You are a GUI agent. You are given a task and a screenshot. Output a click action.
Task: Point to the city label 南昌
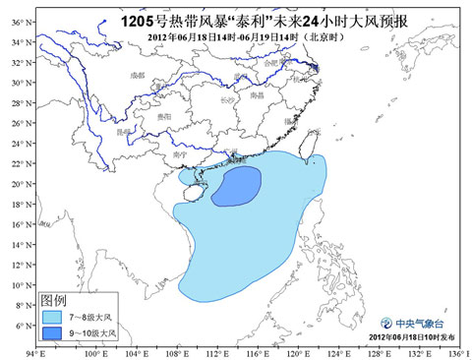(257, 95)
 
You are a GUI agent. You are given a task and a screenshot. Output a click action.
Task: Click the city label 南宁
(179, 154)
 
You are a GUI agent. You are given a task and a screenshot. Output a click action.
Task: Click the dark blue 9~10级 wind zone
(238, 186)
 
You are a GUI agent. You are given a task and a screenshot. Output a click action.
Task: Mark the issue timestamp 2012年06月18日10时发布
(404, 338)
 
